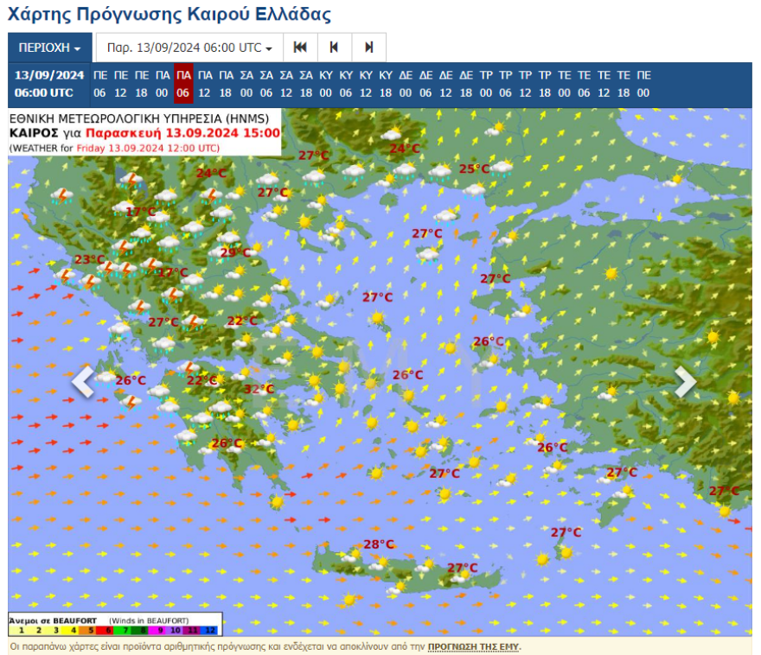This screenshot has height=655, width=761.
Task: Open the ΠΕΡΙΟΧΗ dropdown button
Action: [x=49, y=48]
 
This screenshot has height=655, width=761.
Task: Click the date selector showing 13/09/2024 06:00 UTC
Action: [x=189, y=48]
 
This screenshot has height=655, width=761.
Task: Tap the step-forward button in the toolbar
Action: [x=369, y=48]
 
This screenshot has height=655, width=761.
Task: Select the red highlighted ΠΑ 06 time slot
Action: [x=183, y=84]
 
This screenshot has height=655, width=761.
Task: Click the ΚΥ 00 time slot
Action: [x=326, y=84]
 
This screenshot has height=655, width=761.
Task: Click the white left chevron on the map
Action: [x=83, y=381]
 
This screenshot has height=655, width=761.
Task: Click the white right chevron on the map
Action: [x=685, y=381]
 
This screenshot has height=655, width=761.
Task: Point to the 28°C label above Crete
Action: [x=378, y=544]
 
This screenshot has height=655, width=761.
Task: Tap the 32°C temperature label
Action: [x=259, y=390]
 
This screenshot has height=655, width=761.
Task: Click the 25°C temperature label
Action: [x=474, y=169]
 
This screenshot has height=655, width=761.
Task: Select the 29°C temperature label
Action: [x=235, y=253]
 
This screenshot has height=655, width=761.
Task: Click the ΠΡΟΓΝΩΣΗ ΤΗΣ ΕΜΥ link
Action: [x=473, y=646]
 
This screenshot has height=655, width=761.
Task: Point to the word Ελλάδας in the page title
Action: [x=287, y=15]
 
